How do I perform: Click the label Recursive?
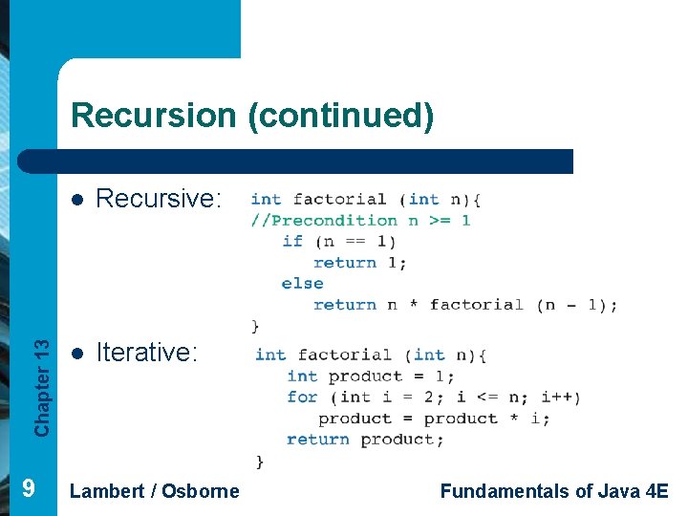tap(159, 199)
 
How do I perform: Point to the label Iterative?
tap(147, 353)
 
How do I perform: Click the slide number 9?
tap(29, 489)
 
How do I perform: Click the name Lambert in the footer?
tap(107, 491)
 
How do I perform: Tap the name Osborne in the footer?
tap(201, 491)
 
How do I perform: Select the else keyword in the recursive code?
tap(302, 284)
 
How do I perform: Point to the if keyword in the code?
tap(292, 242)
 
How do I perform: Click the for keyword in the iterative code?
tap(302, 397)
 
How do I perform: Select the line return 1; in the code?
tap(359, 263)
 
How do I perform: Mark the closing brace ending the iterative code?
tap(260, 462)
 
